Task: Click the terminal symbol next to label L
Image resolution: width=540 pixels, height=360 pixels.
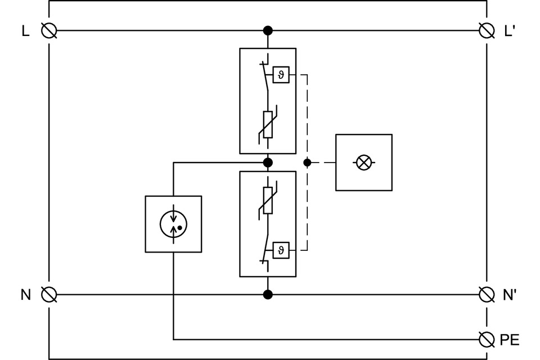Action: click(49, 30)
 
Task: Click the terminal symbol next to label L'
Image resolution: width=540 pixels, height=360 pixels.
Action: click(487, 30)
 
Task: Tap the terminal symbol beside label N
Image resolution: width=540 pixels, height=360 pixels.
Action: click(49, 294)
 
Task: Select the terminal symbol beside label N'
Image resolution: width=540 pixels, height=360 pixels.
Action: click(487, 294)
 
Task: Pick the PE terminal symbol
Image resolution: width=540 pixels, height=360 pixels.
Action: click(487, 339)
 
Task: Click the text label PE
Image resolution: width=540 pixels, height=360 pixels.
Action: click(509, 340)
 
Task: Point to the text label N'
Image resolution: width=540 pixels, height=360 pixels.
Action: click(509, 295)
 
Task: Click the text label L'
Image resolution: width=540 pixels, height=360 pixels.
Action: click(510, 31)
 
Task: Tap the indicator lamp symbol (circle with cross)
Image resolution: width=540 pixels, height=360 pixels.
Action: click(364, 163)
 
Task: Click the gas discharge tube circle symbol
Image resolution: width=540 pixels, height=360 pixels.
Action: click(173, 224)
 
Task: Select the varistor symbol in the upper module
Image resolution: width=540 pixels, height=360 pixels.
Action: click(268, 124)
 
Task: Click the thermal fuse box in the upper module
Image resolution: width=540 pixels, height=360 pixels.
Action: click(281, 75)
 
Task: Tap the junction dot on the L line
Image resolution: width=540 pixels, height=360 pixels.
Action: click(268, 30)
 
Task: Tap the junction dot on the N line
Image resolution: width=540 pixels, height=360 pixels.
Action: click(268, 294)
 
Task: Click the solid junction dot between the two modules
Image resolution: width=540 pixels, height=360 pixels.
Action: click(268, 163)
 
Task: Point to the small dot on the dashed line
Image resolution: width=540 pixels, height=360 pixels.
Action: click(307, 163)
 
